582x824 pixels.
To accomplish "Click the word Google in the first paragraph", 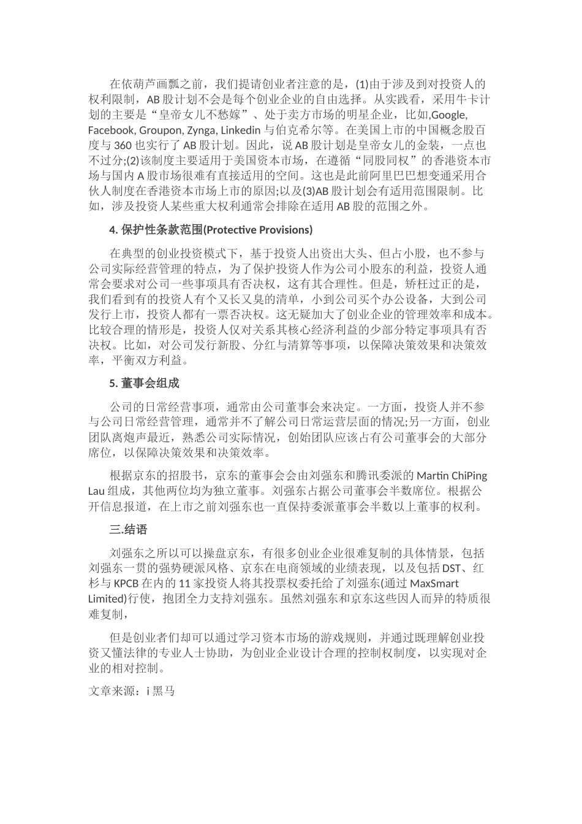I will click(449, 115).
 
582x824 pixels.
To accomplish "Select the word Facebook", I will click(112, 131).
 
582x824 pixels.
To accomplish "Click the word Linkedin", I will click(240, 131).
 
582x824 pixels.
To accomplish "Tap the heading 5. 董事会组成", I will click(144, 383).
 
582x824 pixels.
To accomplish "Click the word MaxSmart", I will click(434, 582).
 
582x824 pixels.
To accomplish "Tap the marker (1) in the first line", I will click(361, 85).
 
